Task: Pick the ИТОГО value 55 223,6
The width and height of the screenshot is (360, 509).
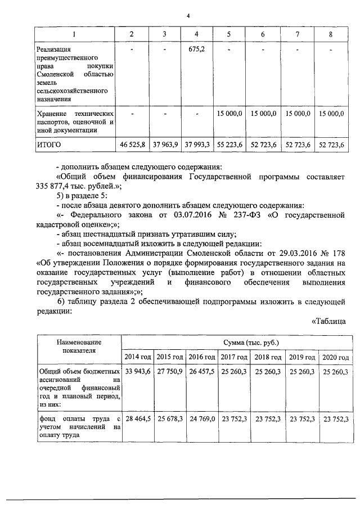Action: (229, 145)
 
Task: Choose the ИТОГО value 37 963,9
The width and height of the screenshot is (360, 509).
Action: (165, 145)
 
